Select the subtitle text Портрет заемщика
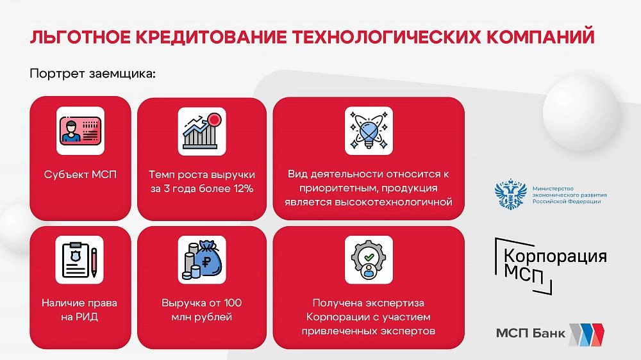[x=93, y=74]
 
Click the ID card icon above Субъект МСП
[x=80, y=131]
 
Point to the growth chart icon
[x=202, y=131]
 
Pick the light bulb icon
[x=369, y=131]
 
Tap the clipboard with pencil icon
[x=79, y=260]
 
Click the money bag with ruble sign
[x=202, y=260]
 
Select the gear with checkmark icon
[x=369, y=260]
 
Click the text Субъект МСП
[x=80, y=174]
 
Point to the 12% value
[x=243, y=188]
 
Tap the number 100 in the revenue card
[x=233, y=303]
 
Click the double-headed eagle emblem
[x=511, y=194]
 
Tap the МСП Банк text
[x=531, y=333]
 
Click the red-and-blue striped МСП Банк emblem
[x=587, y=334]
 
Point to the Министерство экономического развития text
[x=569, y=195]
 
